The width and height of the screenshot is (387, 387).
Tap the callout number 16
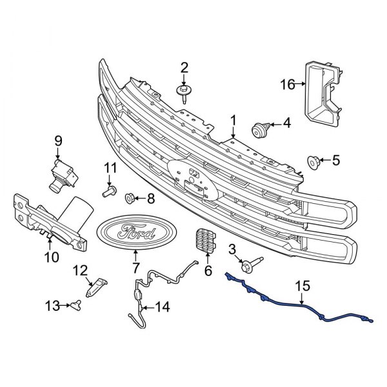287,84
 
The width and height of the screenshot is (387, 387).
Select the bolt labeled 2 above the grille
184,92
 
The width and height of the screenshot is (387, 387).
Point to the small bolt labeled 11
108,192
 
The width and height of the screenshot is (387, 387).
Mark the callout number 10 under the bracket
51,257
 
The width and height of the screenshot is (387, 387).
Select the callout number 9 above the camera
57,140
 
